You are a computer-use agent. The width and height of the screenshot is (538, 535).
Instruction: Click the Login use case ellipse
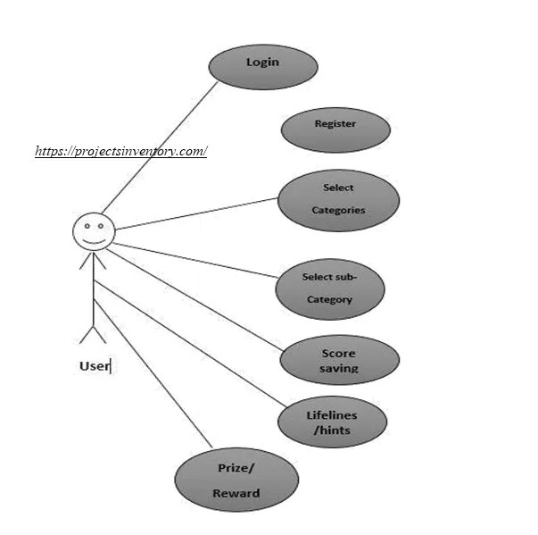click(x=263, y=67)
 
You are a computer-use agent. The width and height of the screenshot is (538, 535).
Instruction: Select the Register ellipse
click(x=335, y=130)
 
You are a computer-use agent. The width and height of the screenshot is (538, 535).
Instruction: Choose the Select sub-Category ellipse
click(x=330, y=288)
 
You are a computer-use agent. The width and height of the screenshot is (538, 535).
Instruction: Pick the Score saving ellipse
click(x=339, y=360)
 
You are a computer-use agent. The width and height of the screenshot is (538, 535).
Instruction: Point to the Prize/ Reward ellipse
click(x=236, y=481)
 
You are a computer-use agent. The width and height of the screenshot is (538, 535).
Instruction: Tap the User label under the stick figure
click(x=94, y=366)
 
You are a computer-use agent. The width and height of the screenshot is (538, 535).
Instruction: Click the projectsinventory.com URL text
click(x=121, y=151)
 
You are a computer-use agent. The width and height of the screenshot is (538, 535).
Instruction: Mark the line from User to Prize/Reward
click(x=152, y=372)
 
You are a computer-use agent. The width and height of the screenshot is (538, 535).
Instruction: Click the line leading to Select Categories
click(x=196, y=213)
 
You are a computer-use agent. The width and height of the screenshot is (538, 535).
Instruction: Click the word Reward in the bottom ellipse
click(x=236, y=493)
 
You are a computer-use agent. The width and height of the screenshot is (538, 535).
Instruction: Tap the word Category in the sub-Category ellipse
click(x=330, y=300)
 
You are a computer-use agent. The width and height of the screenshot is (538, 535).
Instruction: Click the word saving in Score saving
click(x=339, y=368)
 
